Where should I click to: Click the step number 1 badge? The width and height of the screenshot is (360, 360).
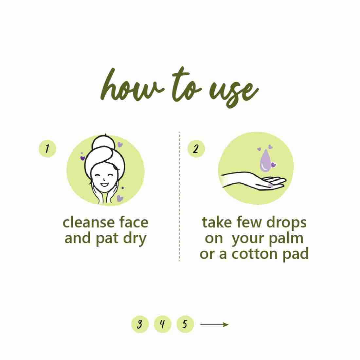[x=47, y=149]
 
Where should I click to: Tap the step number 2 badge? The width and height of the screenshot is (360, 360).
[x=196, y=149]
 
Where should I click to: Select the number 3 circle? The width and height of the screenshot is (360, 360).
[x=140, y=324]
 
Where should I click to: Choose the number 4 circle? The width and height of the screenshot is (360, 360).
[x=163, y=324]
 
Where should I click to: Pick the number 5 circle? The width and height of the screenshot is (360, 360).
[x=185, y=324]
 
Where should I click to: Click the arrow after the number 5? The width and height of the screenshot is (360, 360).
[x=214, y=324]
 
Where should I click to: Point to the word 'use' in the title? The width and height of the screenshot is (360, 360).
[x=232, y=92]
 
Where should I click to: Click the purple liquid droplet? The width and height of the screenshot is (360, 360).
[x=265, y=160]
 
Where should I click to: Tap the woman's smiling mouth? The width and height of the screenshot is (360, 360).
[x=104, y=184]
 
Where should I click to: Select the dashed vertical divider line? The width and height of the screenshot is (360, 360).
[x=180, y=196]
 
